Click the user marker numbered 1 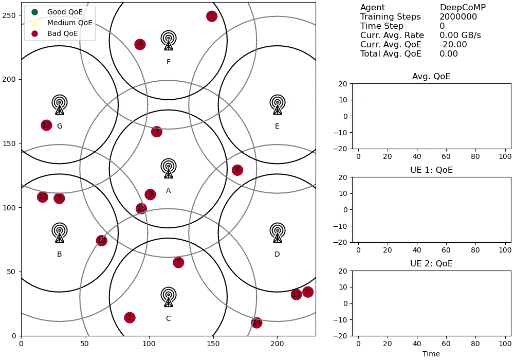[211, 16]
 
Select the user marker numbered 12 [46, 125]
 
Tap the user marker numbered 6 [237, 170]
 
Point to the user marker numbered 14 [256, 322]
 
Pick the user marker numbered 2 [130, 318]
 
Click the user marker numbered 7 [157, 132]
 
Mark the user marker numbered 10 [101, 241]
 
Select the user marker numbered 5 [178, 262]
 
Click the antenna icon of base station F [168, 41]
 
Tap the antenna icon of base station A [168, 169]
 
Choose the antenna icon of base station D [278, 233]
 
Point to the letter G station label [60, 127]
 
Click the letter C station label [168, 319]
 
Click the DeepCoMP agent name [463, 8]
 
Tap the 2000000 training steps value [458, 17]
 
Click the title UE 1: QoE [431, 170]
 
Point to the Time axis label [431, 354]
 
